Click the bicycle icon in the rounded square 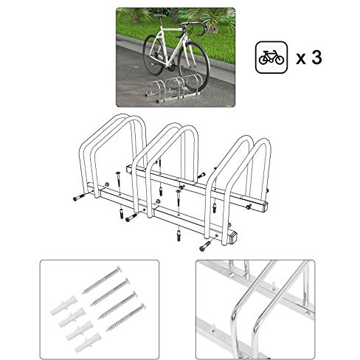click(271, 58)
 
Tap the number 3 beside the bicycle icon click(316, 58)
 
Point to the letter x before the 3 click(301, 59)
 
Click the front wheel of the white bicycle click(193, 65)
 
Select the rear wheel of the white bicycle click(153, 55)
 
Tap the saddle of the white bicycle click(159, 15)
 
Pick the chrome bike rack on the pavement click(173, 89)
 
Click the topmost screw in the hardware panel click(102, 280)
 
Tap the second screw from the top click(110, 292)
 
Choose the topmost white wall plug click(63, 305)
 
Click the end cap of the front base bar click(233, 238)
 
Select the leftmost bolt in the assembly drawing click(79, 197)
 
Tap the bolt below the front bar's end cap click(205, 246)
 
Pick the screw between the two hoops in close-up click(274, 286)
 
